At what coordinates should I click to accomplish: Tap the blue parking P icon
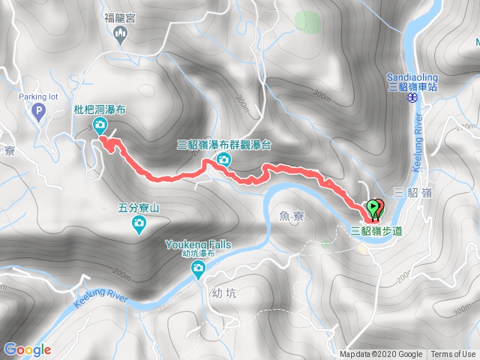point(39,114)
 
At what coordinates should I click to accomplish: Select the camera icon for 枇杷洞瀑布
point(100,124)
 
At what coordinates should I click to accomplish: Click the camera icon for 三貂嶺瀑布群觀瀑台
point(223,160)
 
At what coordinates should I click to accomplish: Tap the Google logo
point(27,349)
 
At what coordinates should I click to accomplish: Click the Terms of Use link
point(453,355)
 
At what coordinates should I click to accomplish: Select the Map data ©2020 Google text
point(382,355)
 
